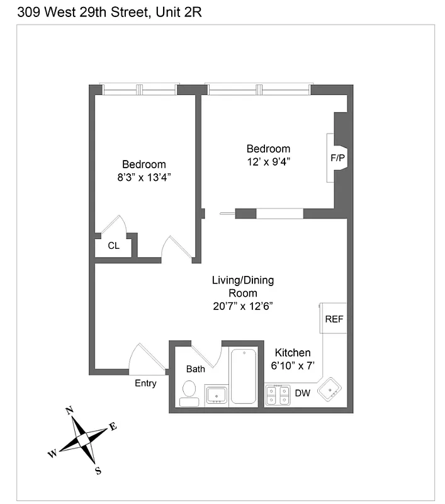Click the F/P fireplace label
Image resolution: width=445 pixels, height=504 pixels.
coord(337,158)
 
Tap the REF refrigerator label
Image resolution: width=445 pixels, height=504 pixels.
coord(334,319)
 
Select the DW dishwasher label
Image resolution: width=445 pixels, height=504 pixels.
coord(302,394)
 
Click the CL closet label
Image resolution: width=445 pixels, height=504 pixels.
coord(113,246)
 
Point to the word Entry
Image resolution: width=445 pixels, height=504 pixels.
coord(145,383)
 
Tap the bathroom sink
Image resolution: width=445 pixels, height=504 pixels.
coord(217,395)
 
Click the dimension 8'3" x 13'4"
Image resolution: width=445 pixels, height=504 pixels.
coord(144,178)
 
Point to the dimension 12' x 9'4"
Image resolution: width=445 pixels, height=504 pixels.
coord(268,161)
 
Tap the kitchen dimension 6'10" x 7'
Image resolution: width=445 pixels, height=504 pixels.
coord(292,365)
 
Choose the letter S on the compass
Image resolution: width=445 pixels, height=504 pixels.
coord(98,469)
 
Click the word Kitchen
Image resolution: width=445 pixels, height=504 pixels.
coord(292,353)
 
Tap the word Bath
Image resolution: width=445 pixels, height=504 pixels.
coord(195,369)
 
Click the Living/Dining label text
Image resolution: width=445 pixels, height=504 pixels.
coord(242,280)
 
